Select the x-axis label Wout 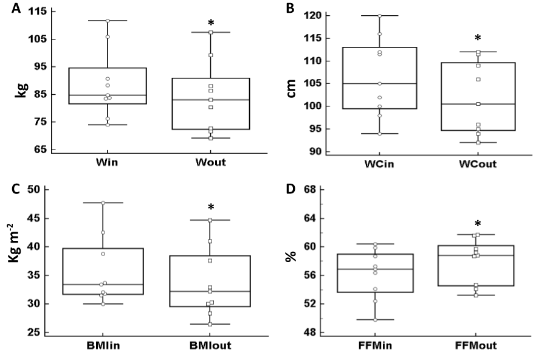point(210,162)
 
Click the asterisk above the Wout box point(210,24)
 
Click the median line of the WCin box point(380,83)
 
